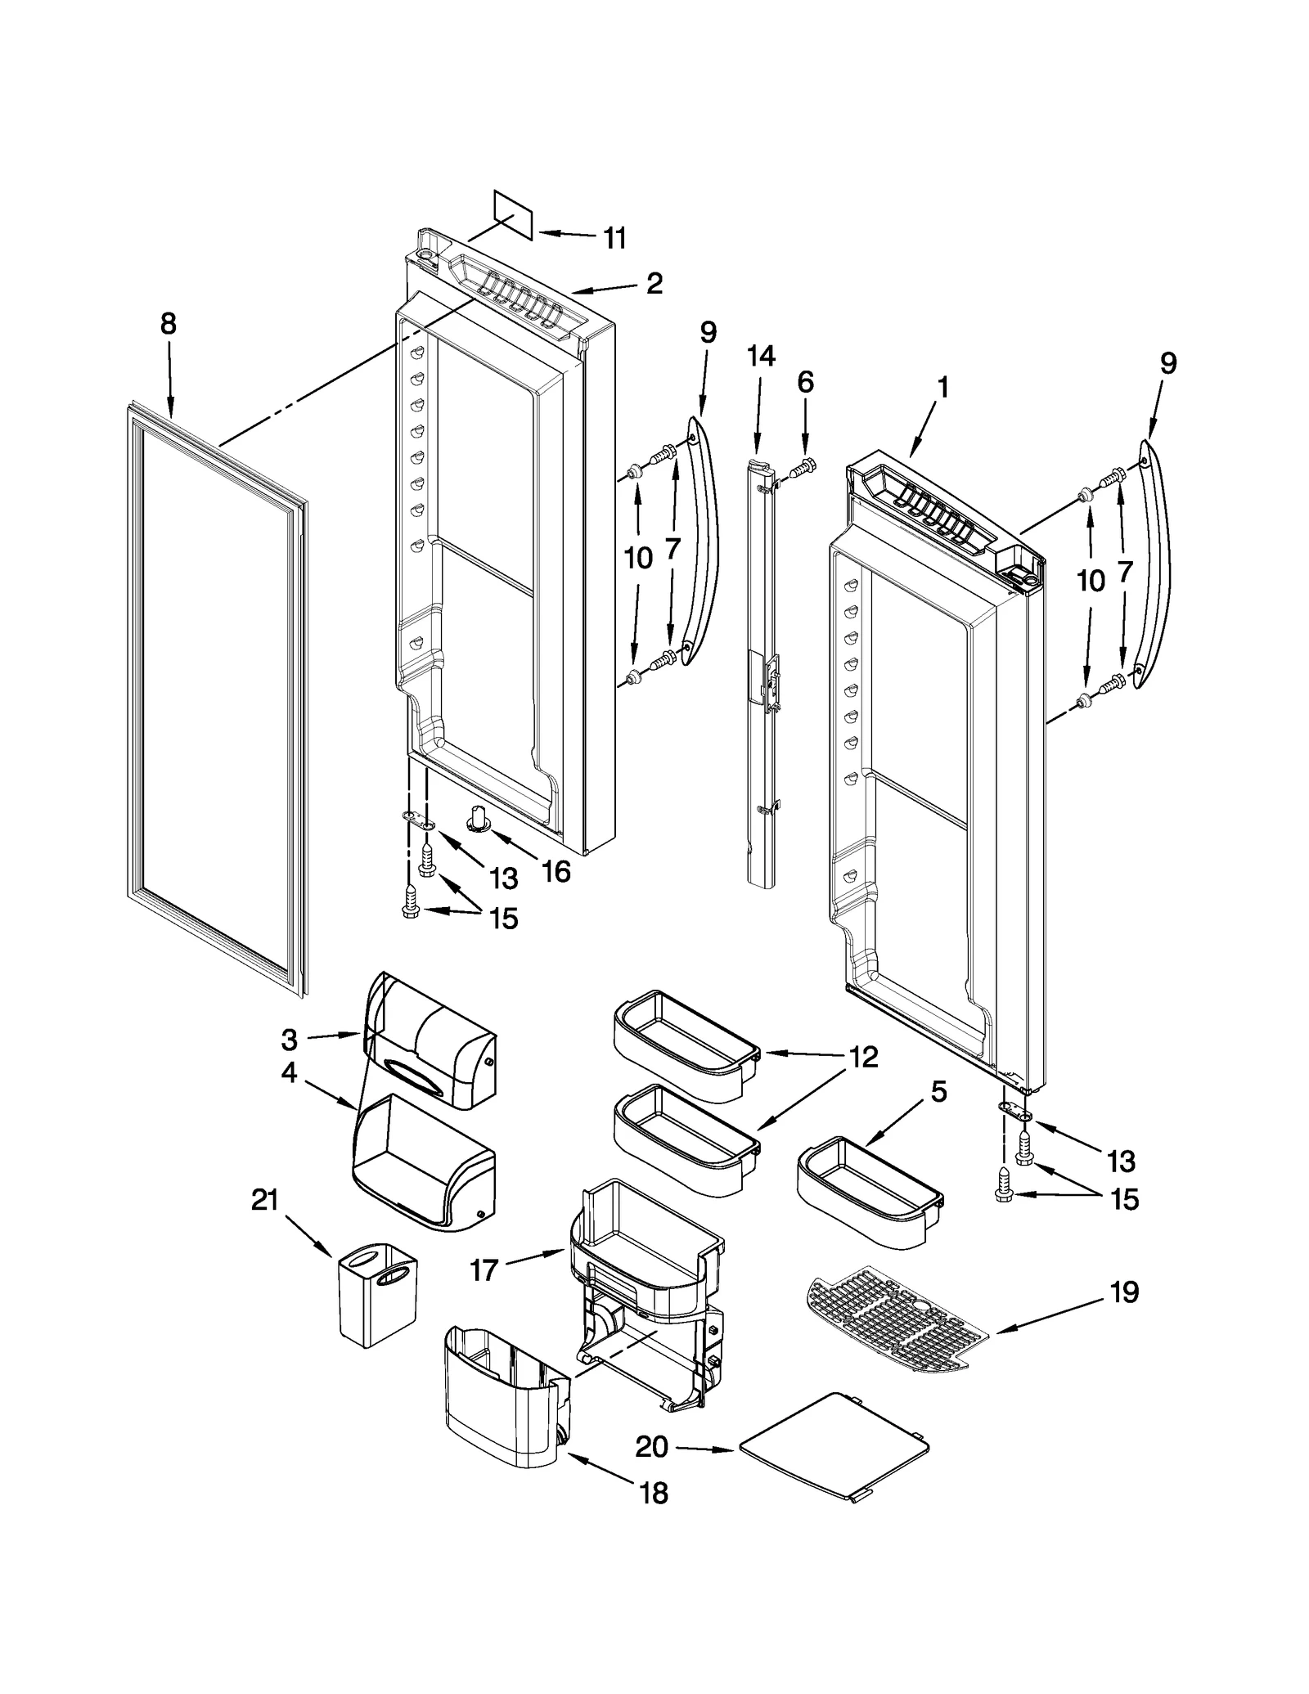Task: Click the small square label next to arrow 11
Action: (513, 215)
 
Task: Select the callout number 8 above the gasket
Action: (168, 324)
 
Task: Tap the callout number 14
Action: (761, 357)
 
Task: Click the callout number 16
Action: (556, 871)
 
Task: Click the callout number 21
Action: (265, 1201)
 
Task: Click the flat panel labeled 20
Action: (834, 1445)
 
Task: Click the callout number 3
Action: (289, 1040)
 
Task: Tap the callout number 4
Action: (289, 1072)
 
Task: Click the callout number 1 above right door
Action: (942, 387)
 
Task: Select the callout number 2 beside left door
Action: (654, 284)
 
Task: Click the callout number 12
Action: (863, 1057)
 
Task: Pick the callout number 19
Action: (1124, 1292)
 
